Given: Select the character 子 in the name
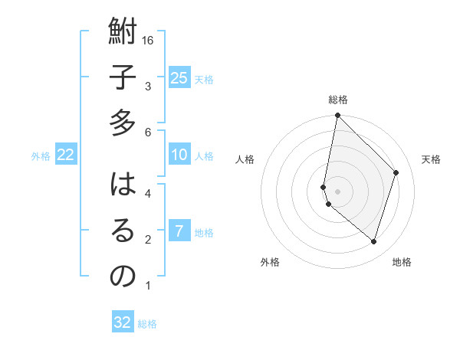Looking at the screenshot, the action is click(123, 79).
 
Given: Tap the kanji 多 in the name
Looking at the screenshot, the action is click(123, 123).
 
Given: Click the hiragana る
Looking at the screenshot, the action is click(123, 231).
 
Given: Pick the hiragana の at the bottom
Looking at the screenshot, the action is click(123, 276).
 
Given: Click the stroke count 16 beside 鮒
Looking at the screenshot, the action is click(149, 41).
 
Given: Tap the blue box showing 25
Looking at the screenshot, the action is click(179, 77).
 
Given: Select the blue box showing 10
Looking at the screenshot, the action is click(179, 155).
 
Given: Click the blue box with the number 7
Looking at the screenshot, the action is click(179, 231).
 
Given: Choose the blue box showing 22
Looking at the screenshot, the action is click(66, 155).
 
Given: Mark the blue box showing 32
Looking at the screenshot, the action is click(123, 322).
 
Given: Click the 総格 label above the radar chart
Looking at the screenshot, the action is click(338, 100).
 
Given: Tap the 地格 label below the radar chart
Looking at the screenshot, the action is click(402, 262).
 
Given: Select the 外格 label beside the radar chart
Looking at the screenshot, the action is click(270, 262).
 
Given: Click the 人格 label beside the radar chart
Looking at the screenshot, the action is click(245, 159).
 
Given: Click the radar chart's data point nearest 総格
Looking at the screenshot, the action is click(337, 116).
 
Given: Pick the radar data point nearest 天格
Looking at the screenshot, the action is click(396, 172).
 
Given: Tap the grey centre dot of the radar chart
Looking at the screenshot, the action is click(337, 191).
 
